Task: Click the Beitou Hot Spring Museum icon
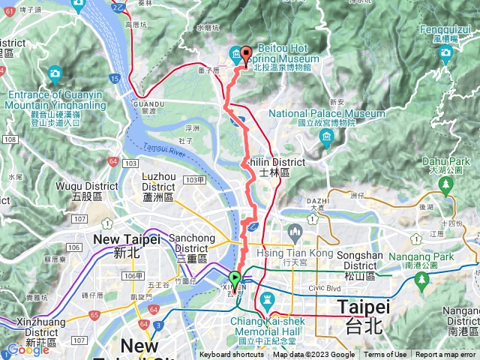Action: (236, 54)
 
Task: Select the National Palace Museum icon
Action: (326, 136)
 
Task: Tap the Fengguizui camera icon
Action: (446, 52)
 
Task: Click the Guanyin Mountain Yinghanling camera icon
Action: (55, 73)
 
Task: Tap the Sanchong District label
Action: (193, 243)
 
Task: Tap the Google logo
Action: (28, 349)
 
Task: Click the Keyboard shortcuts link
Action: (231, 355)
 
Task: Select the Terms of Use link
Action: (385, 355)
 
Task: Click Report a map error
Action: (446, 355)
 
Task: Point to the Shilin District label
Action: (277, 162)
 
